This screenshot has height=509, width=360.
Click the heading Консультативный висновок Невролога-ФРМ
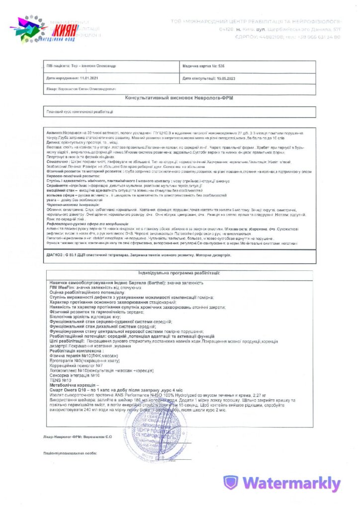click(x=179, y=98)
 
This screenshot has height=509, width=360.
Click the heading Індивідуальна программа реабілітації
click(x=179, y=273)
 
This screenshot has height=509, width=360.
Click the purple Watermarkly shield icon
click(x=230, y=483)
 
